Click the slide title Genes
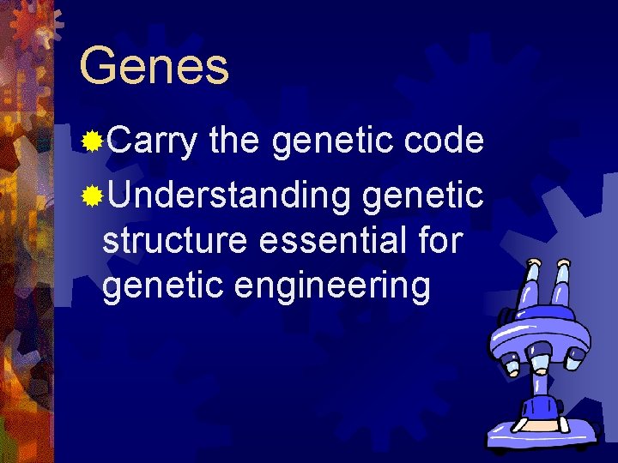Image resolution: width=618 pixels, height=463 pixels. (154, 66)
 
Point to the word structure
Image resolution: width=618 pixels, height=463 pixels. (175, 242)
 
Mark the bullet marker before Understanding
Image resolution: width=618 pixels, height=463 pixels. (92, 196)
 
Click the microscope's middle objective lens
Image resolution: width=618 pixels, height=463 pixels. (540, 361)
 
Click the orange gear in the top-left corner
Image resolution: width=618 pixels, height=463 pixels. (30, 21)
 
